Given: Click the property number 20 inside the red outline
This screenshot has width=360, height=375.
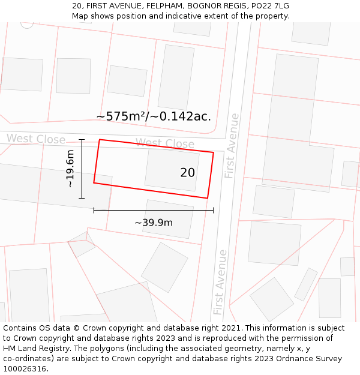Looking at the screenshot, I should [187, 173].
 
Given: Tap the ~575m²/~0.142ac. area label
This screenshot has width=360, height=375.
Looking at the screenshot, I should [154, 116].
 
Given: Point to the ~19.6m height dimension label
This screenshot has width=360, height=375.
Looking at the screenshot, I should [70, 169].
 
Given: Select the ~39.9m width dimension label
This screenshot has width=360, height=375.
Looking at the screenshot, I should [154, 223].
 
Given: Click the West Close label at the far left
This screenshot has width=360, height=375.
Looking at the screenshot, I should [36, 139].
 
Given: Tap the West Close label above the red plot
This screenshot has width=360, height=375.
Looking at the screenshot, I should [165, 143].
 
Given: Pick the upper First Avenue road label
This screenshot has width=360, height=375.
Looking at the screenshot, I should [232, 146].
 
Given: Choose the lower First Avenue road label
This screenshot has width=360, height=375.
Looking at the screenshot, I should [220, 282].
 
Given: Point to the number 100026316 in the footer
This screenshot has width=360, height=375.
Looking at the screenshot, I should [25, 368].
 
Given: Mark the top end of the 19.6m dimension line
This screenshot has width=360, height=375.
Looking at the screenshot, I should [82, 139].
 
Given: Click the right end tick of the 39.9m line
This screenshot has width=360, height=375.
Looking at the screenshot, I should [213, 210].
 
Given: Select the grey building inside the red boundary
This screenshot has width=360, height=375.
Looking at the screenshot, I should [172, 170].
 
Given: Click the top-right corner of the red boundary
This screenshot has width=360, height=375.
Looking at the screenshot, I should [213, 152].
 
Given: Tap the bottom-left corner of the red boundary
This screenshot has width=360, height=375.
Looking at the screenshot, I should [94, 182].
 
